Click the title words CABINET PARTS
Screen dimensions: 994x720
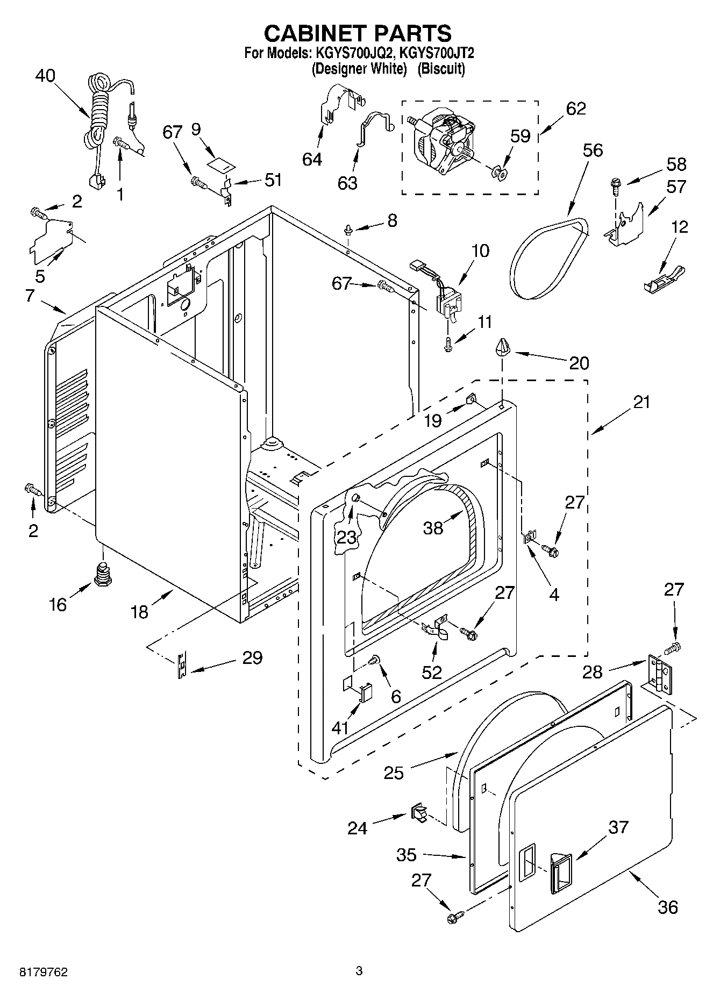click(x=358, y=33)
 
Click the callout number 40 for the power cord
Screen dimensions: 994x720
click(x=45, y=76)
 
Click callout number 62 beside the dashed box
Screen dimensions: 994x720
click(x=575, y=109)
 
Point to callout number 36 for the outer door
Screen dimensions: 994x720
click(x=667, y=907)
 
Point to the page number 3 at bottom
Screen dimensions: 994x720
click(x=359, y=971)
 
